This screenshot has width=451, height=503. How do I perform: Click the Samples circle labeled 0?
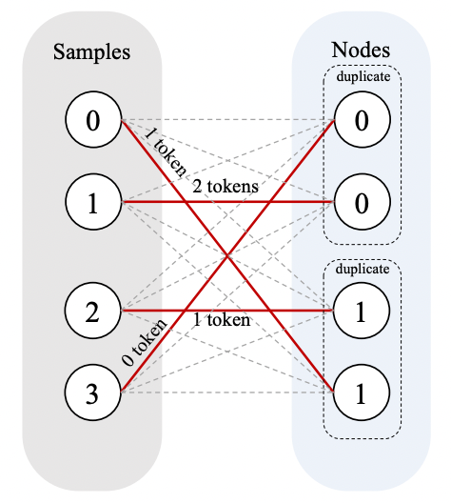92,120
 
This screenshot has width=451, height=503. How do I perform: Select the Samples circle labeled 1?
92,202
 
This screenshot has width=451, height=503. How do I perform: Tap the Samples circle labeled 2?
92,311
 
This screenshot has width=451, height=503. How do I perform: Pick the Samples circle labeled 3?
92,392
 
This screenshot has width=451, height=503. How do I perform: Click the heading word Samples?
91,50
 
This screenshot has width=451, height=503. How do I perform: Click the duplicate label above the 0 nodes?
362,76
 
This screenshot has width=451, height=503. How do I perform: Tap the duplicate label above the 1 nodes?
362,270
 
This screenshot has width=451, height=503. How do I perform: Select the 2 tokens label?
225,187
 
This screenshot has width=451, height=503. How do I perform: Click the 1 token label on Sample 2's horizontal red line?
222,321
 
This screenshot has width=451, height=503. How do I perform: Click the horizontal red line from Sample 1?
285,202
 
